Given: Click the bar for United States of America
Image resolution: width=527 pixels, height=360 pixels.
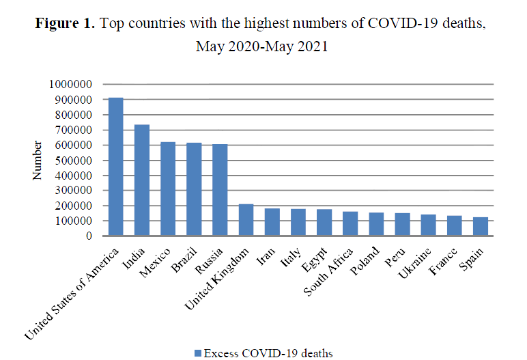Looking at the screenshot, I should pyautogui.click(x=116, y=167).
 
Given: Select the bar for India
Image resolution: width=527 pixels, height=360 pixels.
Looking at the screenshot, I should pyautogui.click(x=142, y=180).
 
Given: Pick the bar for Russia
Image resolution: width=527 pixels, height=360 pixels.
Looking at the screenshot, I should pyautogui.click(x=219, y=190).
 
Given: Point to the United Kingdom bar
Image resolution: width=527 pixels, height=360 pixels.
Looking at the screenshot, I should pyautogui.click(x=245, y=220).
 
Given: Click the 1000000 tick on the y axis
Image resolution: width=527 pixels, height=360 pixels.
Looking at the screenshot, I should pyautogui.click(x=72, y=85).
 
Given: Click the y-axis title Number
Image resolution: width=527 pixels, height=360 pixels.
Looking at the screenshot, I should pyautogui.click(x=38, y=161).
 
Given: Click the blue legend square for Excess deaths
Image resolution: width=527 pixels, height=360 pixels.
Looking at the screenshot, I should pyautogui.click(x=198, y=352).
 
